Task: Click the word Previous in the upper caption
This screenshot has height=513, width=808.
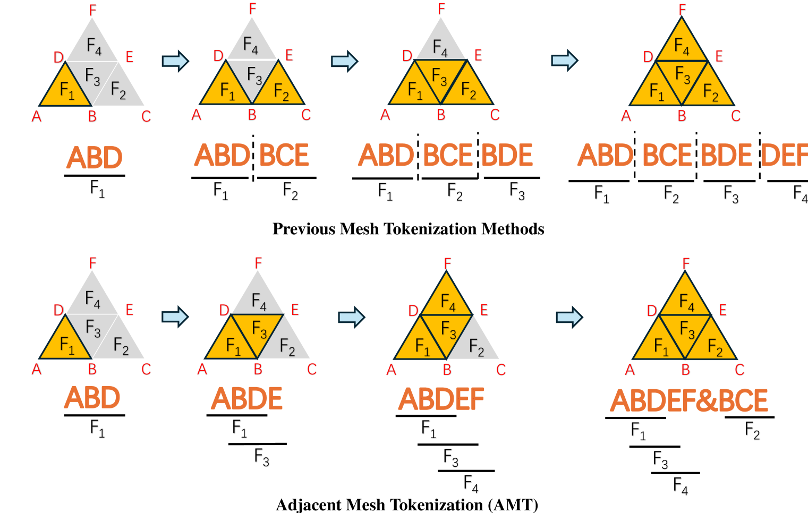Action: (x=304, y=229)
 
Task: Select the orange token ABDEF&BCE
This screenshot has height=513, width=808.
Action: (x=688, y=401)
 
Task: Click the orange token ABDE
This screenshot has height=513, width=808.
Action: (x=247, y=399)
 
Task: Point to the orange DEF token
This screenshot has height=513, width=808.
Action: (x=785, y=156)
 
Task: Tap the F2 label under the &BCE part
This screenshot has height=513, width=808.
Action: (x=752, y=430)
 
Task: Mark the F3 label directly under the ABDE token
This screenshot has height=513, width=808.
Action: (x=261, y=457)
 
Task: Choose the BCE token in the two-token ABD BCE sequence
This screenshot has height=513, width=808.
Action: (x=284, y=156)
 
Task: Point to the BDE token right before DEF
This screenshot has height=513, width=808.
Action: (x=726, y=156)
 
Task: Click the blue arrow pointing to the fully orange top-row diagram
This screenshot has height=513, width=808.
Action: (x=564, y=60)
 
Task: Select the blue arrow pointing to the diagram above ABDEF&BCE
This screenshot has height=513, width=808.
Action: (x=569, y=318)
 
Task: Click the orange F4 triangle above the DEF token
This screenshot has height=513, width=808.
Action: (x=682, y=45)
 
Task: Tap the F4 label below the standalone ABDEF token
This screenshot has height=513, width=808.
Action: (x=471, y=484)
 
